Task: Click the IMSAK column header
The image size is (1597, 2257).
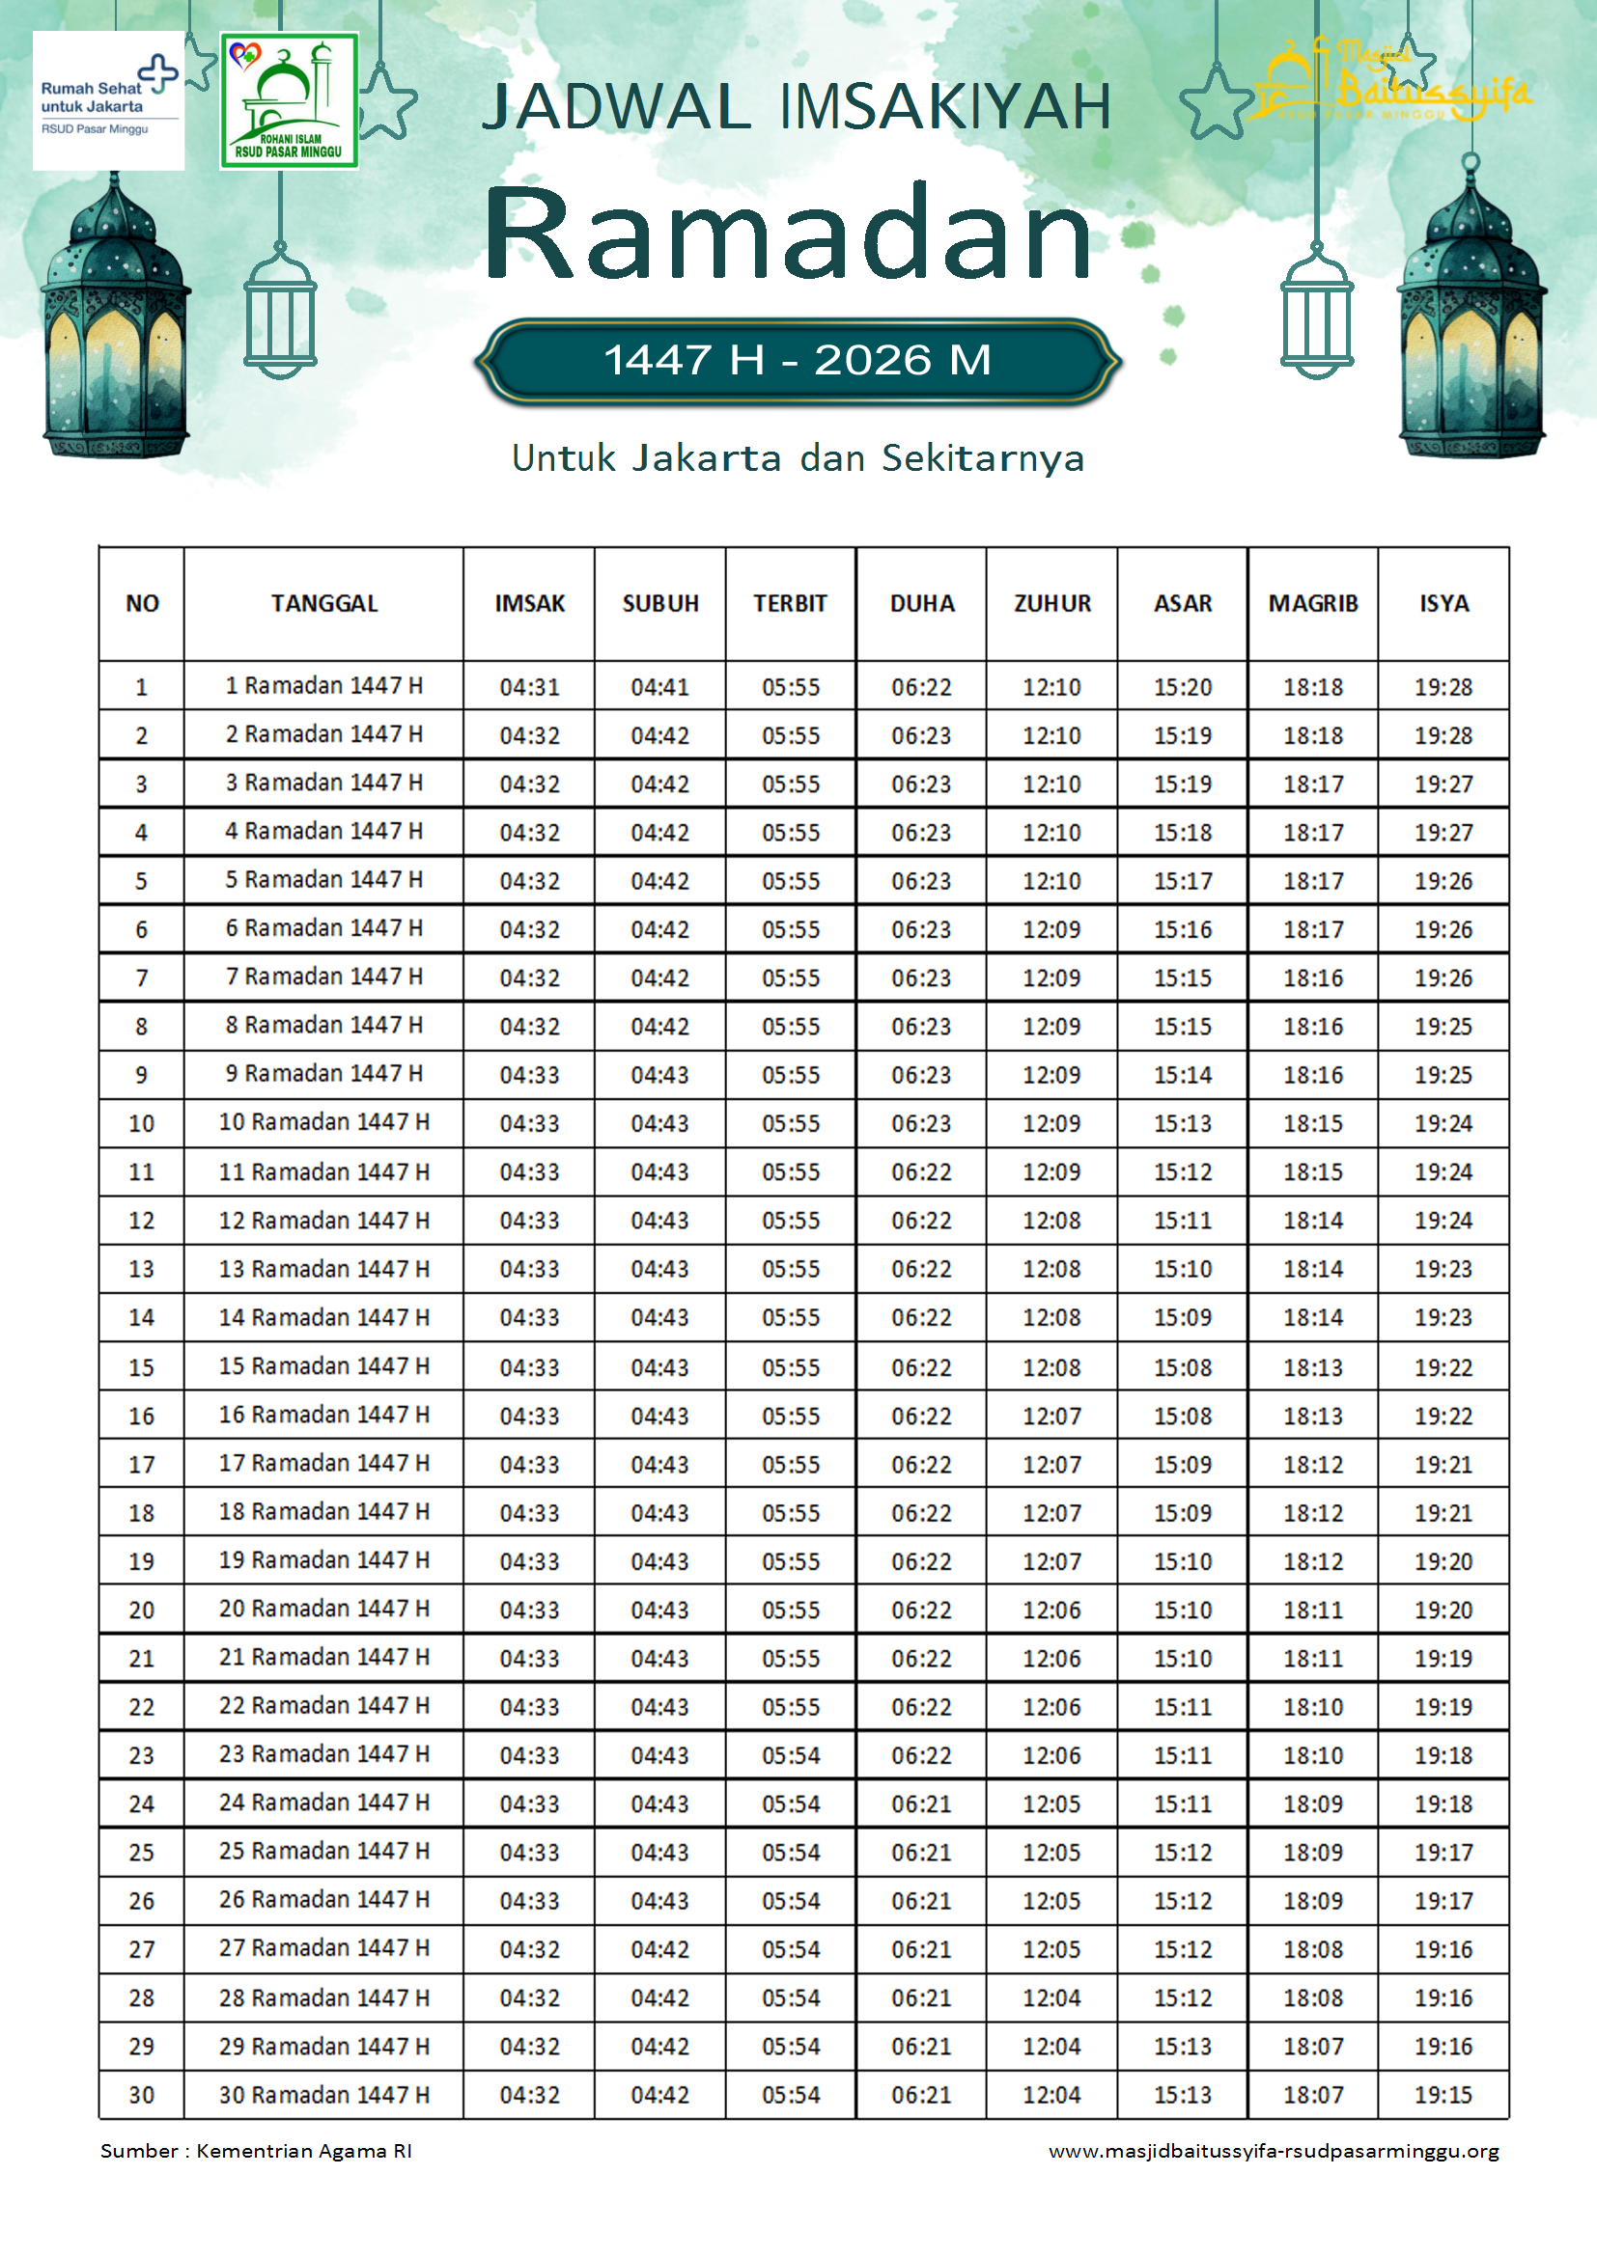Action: click(529, 603)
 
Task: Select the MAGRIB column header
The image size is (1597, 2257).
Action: click(1313, 603)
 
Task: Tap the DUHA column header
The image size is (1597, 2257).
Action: click(921, 603)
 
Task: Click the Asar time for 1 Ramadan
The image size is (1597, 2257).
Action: click(1182, 687)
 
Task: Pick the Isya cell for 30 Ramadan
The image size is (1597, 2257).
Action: click(1443, 2095)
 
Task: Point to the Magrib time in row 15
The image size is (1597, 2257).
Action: click(1313, 1367)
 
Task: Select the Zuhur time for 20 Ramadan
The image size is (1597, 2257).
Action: click(1051, 1610)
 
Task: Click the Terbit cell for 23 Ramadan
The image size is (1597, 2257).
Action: click(791, 1755)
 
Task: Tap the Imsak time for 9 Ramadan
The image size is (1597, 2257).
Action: click(529, 1074)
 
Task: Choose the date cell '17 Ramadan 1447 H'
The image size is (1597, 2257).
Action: click(323, 1463)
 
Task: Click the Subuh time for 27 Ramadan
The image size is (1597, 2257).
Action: click(659, 1949)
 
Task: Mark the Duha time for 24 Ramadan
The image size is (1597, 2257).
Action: click(921, 1803)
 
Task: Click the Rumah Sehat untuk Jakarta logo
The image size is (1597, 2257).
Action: click(108, 100)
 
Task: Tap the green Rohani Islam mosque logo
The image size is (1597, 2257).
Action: click(289, 100)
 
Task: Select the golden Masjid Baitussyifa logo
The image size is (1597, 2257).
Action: click(1388, 85)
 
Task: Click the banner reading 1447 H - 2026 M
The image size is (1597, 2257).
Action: click(798, 361)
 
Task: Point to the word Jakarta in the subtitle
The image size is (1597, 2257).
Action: click(705, 458)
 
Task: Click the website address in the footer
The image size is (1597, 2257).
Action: click(1274, 2151)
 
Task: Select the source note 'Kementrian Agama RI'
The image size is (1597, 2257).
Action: click(304, 2151)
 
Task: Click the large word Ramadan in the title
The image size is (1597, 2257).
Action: click(788, 234)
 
